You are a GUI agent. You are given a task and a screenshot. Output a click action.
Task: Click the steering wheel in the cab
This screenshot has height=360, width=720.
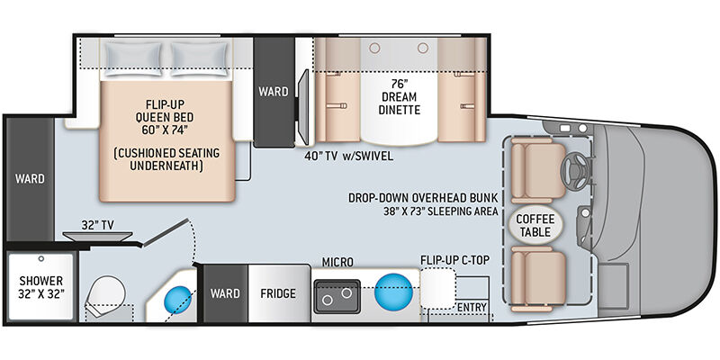pyautogui.click(x=576, y=170)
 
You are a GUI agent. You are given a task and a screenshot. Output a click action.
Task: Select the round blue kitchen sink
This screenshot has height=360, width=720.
pyautogui.click(x=393, y=292)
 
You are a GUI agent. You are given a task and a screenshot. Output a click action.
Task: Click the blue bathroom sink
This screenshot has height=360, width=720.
pyautogui.click(x=178, y=300)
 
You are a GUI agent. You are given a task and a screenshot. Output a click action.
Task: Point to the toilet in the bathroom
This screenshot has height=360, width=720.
pyautogui.click(x=105, y=295)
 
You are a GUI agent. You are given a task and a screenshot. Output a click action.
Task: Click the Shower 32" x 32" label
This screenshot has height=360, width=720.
pyautogui.click(x=41, y=287)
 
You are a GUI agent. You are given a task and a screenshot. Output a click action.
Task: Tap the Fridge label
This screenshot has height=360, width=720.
pyautogui.click(x=278, y=293)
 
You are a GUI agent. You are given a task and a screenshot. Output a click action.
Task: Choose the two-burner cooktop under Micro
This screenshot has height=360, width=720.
pyautogui.click(x=337, y=296)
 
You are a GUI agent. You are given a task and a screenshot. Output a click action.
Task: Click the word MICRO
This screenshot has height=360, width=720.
pyautogui.click(x=337, y=262)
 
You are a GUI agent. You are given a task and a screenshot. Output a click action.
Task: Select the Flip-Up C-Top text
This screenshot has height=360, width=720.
pyautogui.click(x=454, y=261)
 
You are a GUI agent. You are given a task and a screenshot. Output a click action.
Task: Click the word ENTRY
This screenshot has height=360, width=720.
pyautogui.click(x=472, y=307)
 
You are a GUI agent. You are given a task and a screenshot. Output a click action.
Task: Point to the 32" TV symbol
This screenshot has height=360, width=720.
pyautogui.click(x=97, y=236)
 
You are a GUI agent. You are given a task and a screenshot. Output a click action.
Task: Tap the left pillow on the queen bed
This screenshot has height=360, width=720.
pyautogui.click(x=132, y=58)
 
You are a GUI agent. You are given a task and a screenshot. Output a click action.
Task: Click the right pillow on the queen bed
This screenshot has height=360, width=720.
pyautogui.click(x=199, y=58)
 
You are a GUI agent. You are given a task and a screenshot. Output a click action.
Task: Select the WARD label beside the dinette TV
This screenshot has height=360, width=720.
pyautogui.click(x=274, y=92)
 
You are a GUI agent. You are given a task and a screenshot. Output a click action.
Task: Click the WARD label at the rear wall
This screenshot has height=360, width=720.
pyautogui.click(x=30, y=178)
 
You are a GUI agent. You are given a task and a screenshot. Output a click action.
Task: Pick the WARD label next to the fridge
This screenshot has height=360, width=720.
pyautogui.click(x=226, y=293)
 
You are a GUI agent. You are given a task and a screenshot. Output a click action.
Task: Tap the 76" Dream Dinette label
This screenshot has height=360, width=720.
pyautogui.click(x=398, y=97)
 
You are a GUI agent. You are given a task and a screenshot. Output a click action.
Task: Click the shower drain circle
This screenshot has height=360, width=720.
pyautogui.click(x=41, y=259)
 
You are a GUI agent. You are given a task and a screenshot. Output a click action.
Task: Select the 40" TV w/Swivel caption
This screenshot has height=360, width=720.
pyautogui.click(x=348, y=156)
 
